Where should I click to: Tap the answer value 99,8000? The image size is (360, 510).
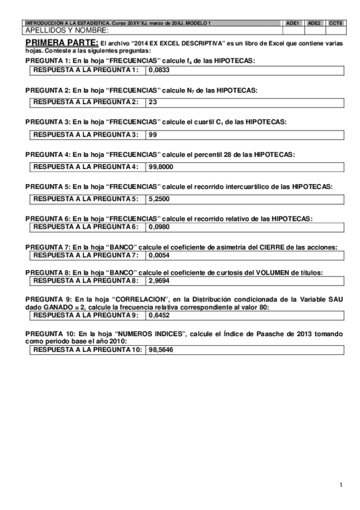(161, 166)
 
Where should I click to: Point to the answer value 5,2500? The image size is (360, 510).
(159, 198)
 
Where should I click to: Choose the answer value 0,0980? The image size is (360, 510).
(159, 226)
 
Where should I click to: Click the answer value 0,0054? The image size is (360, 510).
(159, 255)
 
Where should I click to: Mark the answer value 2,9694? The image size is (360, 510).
(159, 280)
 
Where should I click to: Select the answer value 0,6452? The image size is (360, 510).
(159, 315)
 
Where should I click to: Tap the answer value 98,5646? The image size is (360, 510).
(161, 349)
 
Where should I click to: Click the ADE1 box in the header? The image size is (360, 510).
(293, 23)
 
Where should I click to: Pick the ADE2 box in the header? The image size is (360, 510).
(314, 23)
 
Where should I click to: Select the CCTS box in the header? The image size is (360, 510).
(335, 23)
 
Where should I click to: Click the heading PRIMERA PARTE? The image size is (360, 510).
(62, 43)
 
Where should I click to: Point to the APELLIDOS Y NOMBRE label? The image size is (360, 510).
(67, 30)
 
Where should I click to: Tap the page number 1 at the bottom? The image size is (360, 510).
(340, 485)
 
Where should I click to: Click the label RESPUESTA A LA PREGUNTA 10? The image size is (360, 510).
(88, 349)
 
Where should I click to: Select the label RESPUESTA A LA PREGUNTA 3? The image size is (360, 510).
(85, 134)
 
